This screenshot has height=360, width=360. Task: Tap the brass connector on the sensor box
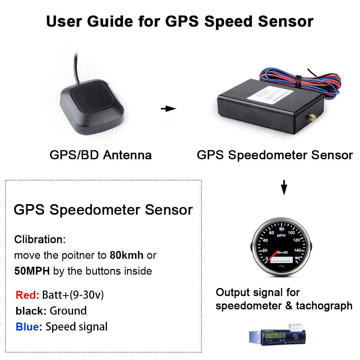311,117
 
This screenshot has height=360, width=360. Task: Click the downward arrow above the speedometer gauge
284,187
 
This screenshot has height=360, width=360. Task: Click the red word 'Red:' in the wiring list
27,295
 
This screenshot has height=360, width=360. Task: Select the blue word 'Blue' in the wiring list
27,327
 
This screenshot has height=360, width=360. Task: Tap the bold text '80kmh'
126,255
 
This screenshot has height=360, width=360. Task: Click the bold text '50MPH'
32,271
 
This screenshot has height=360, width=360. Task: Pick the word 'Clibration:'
40,239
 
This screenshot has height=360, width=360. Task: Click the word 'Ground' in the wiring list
68,311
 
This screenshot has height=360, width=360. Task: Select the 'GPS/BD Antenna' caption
100,155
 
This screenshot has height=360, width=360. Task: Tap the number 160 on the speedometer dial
297,258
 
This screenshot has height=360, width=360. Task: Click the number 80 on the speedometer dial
282,229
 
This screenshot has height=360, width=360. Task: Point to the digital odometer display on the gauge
282,259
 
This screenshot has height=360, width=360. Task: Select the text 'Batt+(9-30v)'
73,295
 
